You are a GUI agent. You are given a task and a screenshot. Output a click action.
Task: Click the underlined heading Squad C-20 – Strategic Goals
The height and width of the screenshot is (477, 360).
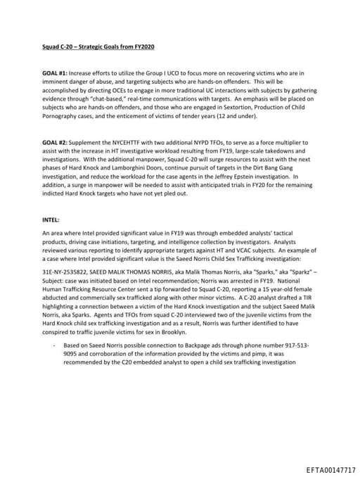coord(97,46)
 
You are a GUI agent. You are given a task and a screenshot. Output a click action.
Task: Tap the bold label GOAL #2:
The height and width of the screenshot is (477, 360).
coord(55,142)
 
